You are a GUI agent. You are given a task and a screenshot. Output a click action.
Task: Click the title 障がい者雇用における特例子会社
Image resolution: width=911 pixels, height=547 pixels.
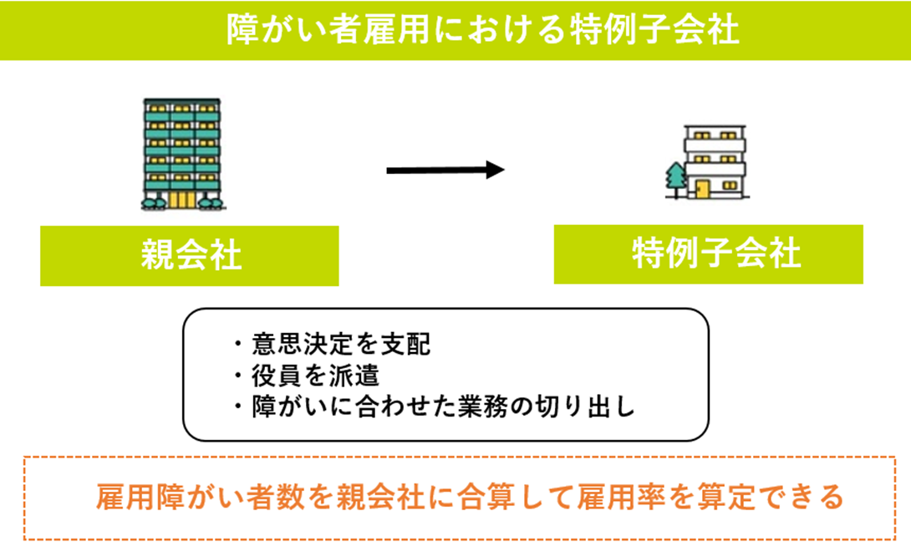pos(483,29)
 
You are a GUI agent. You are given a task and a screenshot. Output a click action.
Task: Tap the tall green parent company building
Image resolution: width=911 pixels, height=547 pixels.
pos(182,154)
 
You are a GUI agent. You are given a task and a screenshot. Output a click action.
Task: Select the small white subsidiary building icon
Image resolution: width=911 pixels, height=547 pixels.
pos(714,161)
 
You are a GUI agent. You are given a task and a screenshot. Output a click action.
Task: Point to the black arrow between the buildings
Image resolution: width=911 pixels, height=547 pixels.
pos(445,170)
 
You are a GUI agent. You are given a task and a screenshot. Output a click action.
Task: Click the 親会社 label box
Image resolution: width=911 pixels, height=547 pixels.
pos(190,256)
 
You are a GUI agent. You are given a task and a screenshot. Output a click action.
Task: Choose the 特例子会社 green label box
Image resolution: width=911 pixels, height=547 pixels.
pos(708,254)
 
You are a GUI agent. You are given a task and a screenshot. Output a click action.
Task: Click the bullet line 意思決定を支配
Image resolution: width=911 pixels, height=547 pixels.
pos(333,344)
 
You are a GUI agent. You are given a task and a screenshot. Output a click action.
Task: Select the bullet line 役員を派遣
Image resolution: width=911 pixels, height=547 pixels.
pos(307,376)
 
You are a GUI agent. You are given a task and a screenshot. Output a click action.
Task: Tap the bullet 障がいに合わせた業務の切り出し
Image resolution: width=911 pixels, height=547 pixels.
pos(435,407)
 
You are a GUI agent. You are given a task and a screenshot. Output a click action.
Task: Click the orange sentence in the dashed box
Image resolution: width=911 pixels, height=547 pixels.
pos(470,497)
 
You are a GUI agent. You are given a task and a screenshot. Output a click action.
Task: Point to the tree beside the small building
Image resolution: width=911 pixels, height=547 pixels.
pos(675,180)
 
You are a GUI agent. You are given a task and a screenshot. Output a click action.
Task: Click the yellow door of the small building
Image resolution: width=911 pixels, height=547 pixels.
pos(703,189)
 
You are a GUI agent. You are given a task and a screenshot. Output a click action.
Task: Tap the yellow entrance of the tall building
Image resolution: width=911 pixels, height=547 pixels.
pos(182,200)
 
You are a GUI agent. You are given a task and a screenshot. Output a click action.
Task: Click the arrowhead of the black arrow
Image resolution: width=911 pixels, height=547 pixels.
pos(495,170)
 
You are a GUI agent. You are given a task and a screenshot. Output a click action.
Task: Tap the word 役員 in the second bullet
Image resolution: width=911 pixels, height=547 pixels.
pos(276,376)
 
